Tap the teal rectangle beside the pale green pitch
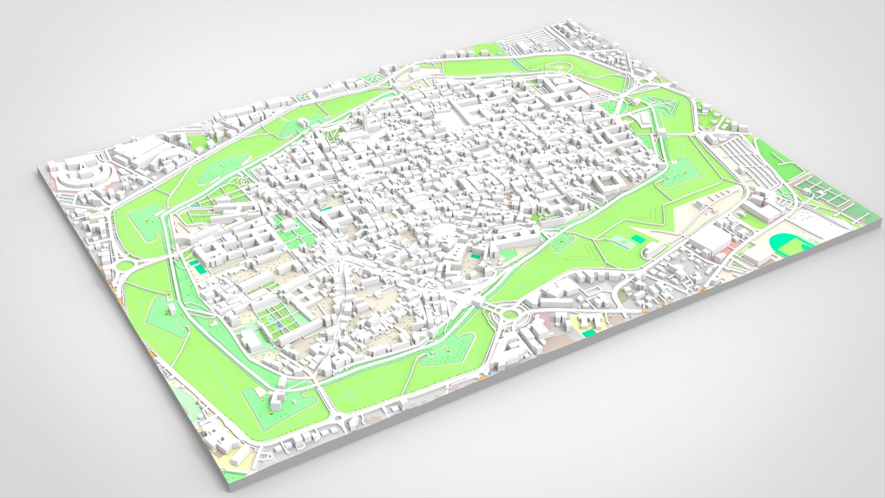pyautogui.click(x=638, y=238)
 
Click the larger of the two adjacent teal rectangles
pyautogui.click(x=199, y=267)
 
